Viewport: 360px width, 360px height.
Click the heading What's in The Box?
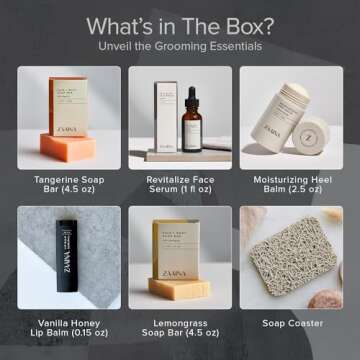coord(180,25)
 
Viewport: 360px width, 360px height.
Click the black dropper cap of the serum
coord(191,92)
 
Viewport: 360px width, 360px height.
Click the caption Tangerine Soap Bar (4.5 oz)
coord(61,185)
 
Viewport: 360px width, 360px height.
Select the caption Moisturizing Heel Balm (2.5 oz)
coord(296,185)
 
